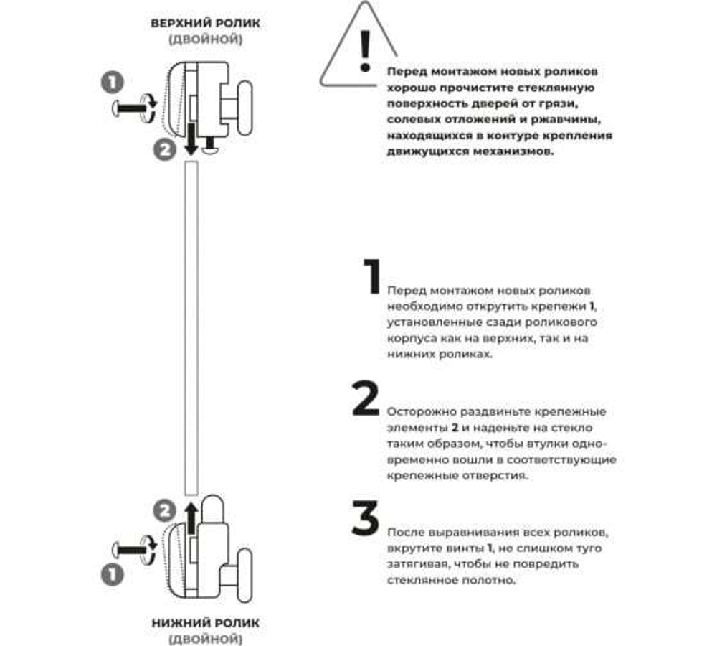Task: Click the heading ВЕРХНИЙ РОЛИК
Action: (206, 22)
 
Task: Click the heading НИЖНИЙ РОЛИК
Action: (206, 623)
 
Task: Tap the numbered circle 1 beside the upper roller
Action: (113, 83)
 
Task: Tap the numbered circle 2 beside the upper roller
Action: (165, 150)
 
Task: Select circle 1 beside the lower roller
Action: (113, 574)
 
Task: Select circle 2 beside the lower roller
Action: (165, 511)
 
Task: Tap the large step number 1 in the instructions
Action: (371, 277)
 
